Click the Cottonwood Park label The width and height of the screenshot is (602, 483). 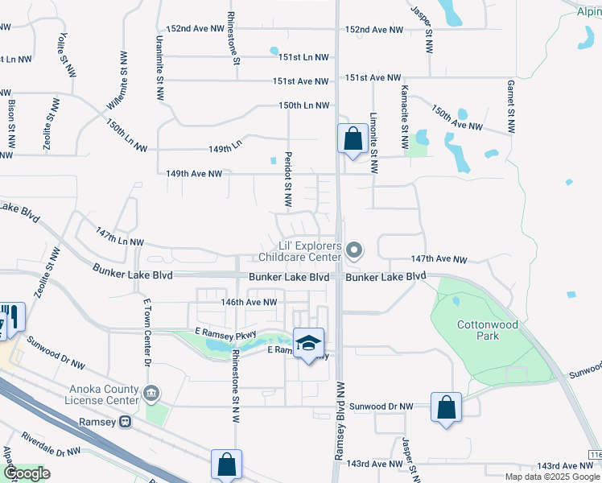478,330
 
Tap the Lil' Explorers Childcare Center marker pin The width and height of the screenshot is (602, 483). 355,251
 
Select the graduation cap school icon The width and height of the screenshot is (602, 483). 308,344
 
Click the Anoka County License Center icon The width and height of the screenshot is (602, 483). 150,394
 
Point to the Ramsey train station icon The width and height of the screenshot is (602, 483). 125,421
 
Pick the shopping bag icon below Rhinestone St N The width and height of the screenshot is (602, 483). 226,464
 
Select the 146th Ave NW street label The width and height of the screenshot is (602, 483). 249,302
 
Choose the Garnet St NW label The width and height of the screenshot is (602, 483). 510,105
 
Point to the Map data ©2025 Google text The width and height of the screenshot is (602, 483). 554,477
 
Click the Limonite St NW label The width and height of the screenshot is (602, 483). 373,142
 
